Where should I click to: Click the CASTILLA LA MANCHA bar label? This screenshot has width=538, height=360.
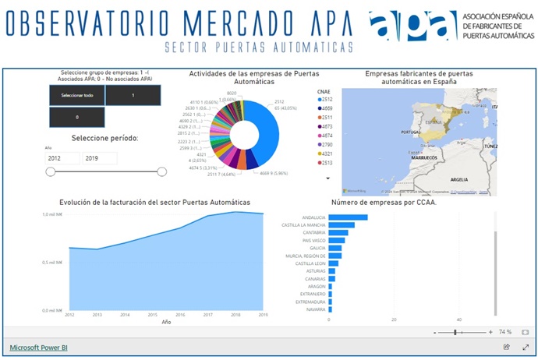[x=304, y=225]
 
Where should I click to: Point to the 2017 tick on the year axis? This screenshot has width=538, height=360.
[x=208, y=315]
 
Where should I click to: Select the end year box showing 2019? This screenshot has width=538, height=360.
[x=98, y=158]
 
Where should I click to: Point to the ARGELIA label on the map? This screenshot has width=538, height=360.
[x=458, y=178]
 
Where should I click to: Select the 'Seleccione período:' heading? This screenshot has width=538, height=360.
[x=104, y=138]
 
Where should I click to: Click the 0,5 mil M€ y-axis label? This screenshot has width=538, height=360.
[x=52, y=262]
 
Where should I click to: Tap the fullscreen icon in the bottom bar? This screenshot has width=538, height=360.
[x=526, y=347]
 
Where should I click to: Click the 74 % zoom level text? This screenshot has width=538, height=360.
[x=504, y=332]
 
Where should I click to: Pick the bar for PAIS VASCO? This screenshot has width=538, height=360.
[x=337, y=240]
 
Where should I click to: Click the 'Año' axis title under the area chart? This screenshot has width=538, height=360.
[x=166, y=321]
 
